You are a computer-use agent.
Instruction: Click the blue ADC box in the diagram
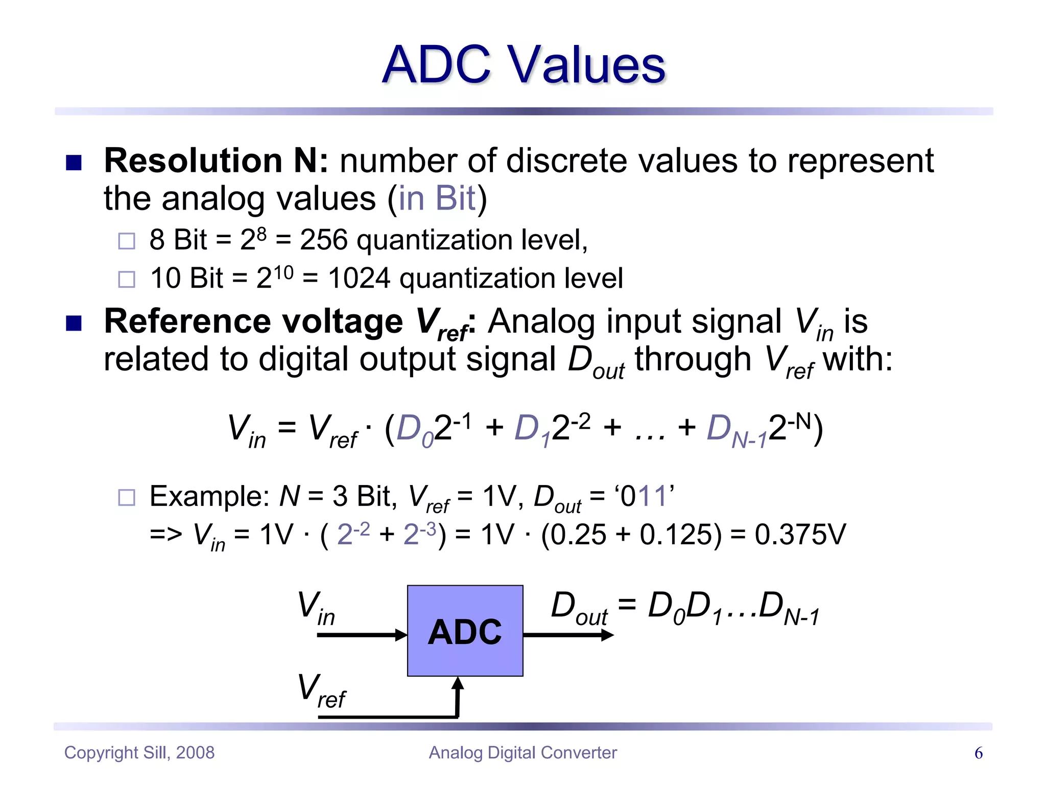(x=465, y=631)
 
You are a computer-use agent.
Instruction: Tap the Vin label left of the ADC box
(x=316, y=608)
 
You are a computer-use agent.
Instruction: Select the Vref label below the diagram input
(x=321, y=691)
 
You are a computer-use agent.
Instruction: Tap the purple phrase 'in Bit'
(x=437, y=198)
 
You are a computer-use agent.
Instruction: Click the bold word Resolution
(x=193, y=161)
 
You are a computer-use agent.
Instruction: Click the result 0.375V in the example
(x=800, y=535)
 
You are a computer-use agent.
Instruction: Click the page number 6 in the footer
(x=978, y=753)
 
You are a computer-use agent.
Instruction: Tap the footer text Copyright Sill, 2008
(x=139, y=753)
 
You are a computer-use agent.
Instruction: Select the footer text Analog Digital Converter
(x=522, y=753)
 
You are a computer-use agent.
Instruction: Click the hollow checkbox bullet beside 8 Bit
(x=127, y=241)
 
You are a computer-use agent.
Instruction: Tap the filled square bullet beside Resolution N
(x=74, y=163)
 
